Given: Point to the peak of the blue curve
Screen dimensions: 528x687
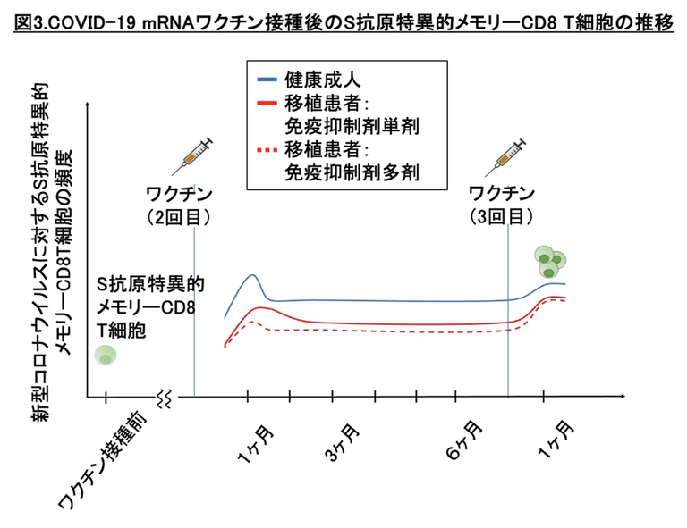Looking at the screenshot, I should pyautogui.click(x=253, y=275).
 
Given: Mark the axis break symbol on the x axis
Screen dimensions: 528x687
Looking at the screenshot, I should pyautogui.click(x=164, y=397).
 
